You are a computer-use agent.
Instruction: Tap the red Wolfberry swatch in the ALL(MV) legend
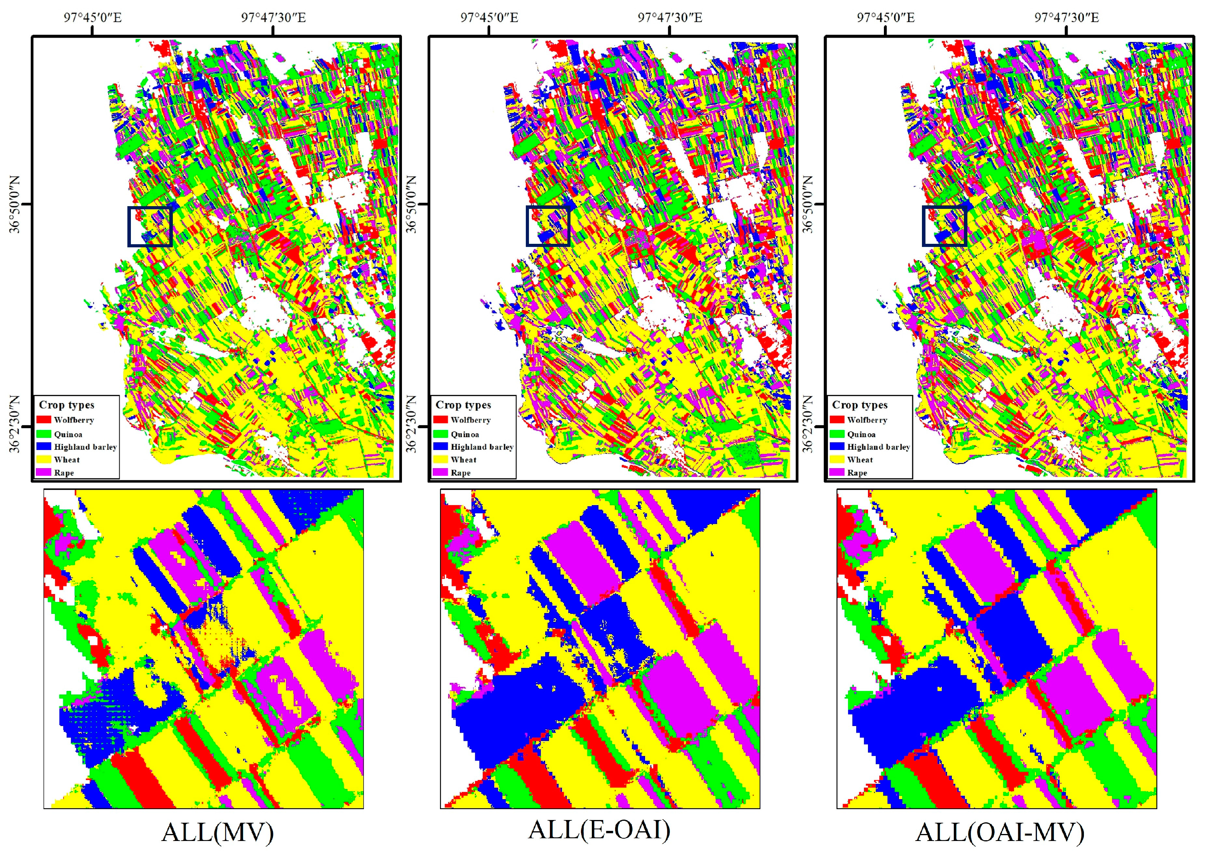tap(44, 419)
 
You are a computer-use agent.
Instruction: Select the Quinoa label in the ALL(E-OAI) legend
tap(464, 434)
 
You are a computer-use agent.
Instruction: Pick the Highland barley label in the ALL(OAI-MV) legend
tap(878, 447)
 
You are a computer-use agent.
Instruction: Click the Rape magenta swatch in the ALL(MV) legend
tap(44, 473)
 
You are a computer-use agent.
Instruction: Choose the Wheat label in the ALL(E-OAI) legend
tap(463, 460)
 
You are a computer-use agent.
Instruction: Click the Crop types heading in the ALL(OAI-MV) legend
tap(859, 405)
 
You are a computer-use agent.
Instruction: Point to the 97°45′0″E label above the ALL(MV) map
tap(93, 17)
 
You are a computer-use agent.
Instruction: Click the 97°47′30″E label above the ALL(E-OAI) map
tap(670, 17)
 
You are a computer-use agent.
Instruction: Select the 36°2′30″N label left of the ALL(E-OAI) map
tap(412, 424)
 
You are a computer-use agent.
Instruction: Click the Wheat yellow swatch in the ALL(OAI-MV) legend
tap(837, 460)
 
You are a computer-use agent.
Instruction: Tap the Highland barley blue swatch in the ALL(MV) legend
tap(44, 447)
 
